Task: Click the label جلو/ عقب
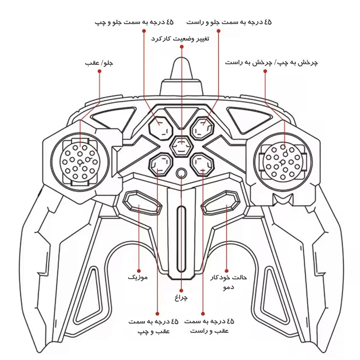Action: pos(99,63)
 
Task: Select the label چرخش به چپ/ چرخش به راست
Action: pos(271,63)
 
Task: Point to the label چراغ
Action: pos(181,297)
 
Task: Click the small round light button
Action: pos(181,173)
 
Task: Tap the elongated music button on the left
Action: pos(142,202)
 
